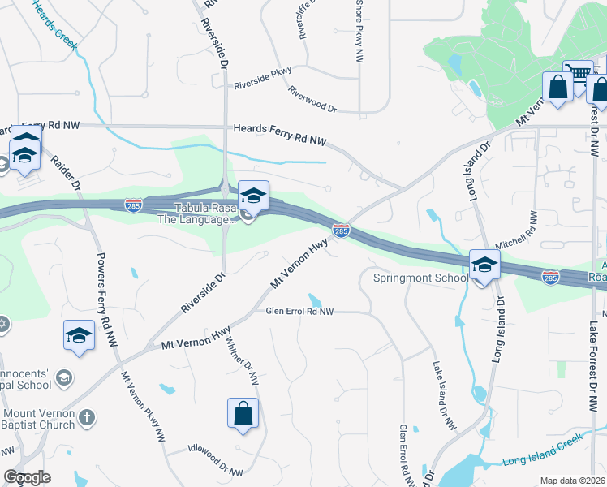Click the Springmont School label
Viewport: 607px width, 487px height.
pos(420,278)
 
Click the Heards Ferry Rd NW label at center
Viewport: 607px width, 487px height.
pos(280,134)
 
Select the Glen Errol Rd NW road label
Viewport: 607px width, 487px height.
pos(299,311)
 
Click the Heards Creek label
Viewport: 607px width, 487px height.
pos(57,25)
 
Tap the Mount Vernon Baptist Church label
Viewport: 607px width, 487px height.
pos(37,417)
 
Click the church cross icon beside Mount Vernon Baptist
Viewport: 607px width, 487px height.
pos(88,418)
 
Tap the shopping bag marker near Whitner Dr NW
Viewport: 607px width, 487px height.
pos(243,413)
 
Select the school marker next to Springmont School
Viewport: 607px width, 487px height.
pos(484,265)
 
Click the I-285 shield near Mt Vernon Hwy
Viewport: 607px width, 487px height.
pos(342,232)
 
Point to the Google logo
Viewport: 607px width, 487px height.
pos(27,477)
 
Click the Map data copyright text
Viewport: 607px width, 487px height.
pos(573,480)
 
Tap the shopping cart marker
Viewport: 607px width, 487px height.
pos(578,75)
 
